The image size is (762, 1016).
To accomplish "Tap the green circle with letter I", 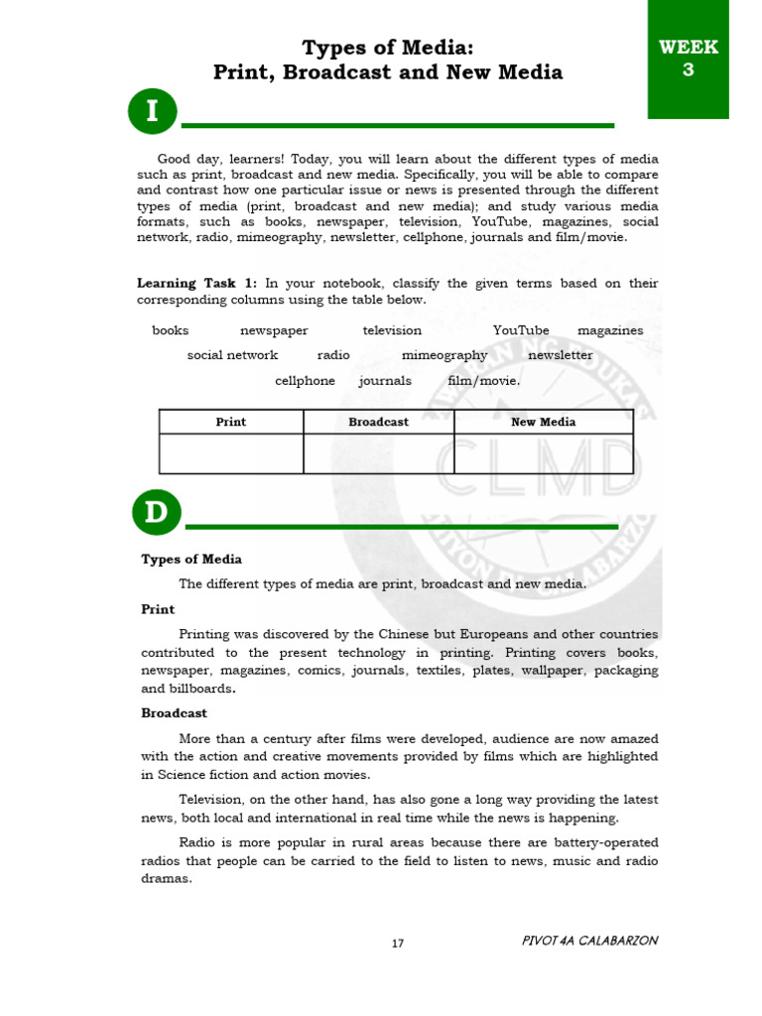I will [x=152, y=112].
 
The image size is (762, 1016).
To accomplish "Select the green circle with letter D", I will [x=157, y=513].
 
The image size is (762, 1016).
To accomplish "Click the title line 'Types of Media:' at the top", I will [x=388, y=48].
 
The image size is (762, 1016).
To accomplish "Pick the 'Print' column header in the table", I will [x=231, y=422].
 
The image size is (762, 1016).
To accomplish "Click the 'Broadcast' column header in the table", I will [x=378, y=422].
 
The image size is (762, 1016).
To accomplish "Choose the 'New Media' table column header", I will [x=543, y=422].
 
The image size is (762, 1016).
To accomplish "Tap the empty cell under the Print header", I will [x=231, y=453].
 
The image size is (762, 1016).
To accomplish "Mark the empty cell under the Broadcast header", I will [x=378, y=453].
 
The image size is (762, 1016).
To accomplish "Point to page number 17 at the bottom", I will [x=398, y=944].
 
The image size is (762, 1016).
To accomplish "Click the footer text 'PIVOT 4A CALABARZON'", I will [x=589, y=941].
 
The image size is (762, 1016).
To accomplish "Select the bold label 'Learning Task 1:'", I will [x=196, y=284].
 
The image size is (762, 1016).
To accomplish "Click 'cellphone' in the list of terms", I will [x=305, y=381].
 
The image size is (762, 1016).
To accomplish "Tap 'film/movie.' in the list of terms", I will [x=483, y=381].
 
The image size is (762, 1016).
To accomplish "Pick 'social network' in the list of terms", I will [x=232, y=355].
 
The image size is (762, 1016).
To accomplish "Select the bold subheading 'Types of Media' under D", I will [x=191, y=560].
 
